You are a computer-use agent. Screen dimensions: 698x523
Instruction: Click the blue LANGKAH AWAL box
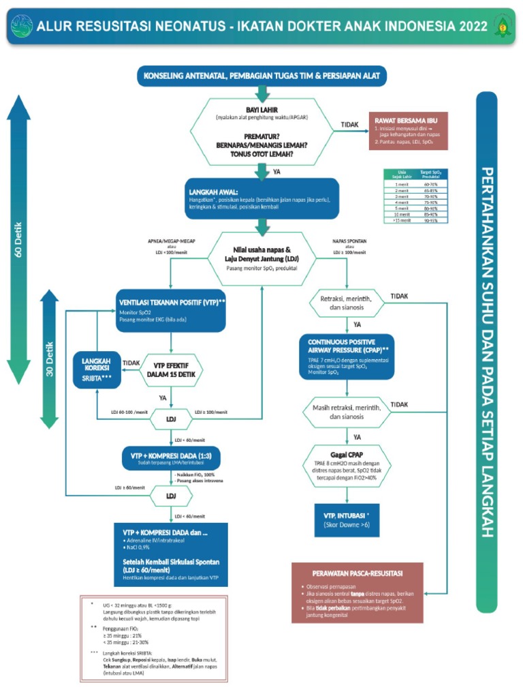[x=261, y=198]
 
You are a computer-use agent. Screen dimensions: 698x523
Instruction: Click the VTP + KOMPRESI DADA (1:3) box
[x=171, y=458]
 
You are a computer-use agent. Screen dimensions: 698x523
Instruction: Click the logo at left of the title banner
[x=21, y=27]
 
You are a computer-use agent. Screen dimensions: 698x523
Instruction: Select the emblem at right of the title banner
[x=503, y=27]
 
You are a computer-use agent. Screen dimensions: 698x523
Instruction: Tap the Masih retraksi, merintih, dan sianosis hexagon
[x=347, y=411]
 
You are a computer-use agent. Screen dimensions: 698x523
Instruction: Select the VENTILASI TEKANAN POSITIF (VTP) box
[x=171, y=312]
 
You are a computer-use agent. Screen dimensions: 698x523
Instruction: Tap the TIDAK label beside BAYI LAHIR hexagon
[x=350, y=125]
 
